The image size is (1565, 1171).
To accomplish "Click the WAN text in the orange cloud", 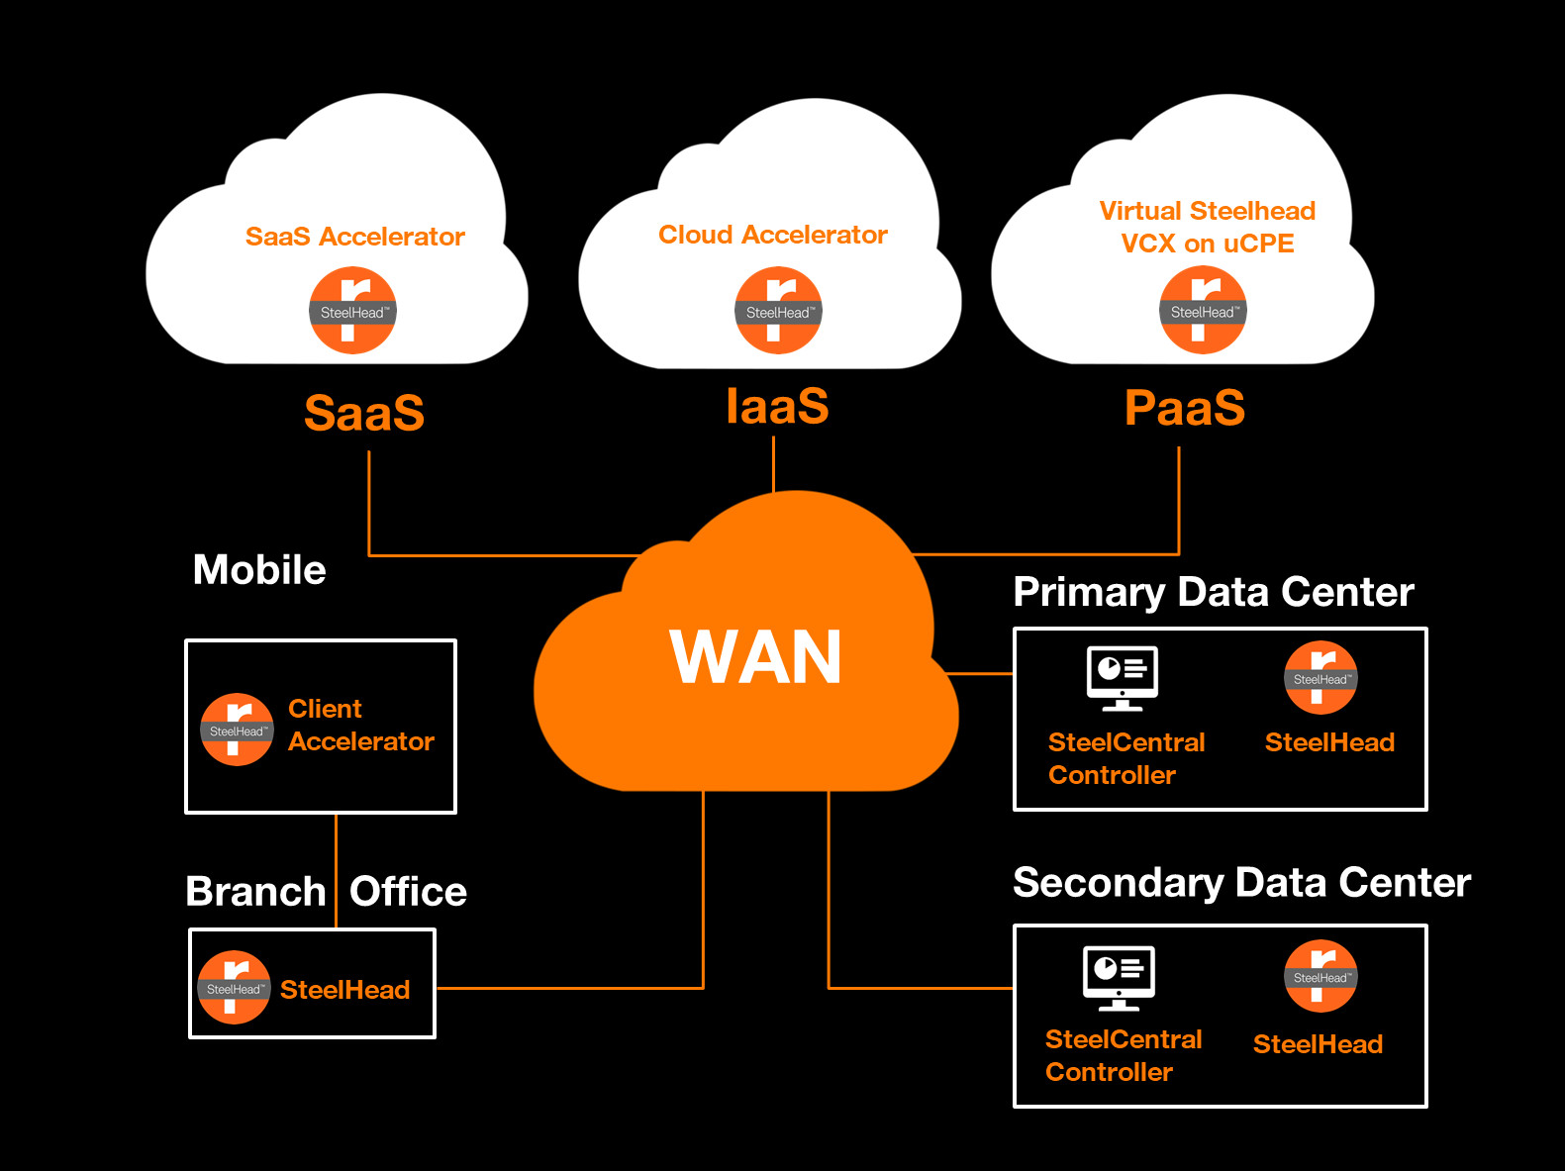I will click(x=755, y=657).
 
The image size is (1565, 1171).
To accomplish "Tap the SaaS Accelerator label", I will click(x=354, y=237).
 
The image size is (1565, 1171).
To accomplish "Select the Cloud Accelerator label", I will click(x=772, y=235).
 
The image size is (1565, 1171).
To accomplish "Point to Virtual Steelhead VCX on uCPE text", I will click(x=1207, y=227).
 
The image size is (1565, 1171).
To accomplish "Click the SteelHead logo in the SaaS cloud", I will click(x=353, y=311).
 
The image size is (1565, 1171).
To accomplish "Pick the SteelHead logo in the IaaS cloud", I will click(x=778, y=311).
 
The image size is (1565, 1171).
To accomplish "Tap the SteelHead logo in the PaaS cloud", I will click(x=1203, y=311).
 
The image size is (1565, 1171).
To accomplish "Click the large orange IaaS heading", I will click(x=777, y=406).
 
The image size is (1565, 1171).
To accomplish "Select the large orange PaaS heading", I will click(x=1184, y=408).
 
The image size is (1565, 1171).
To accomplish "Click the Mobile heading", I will click(x=259, y=570).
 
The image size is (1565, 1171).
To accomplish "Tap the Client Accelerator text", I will click(x=360, y=725).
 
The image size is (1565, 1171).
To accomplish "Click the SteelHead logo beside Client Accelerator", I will click(x=237, y=730).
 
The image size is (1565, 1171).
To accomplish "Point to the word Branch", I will click(x=255, y=892).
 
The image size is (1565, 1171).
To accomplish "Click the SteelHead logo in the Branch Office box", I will click(x=234, y=988).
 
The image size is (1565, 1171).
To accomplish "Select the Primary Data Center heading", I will click(x=1214, y=592).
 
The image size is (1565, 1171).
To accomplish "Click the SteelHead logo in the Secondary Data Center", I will click(x=1320, y=976).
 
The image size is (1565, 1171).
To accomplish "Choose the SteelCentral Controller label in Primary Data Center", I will click(x=1125, y=758).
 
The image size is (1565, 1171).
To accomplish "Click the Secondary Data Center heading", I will click(x=1241, y=882).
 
